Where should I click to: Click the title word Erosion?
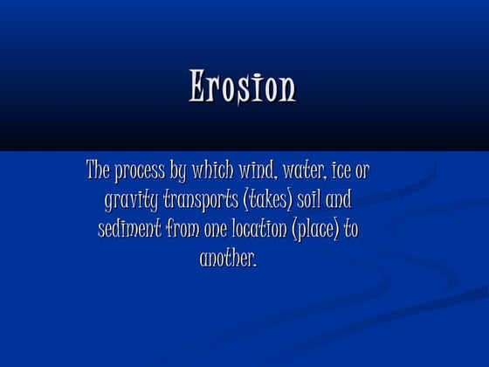pos(243,87)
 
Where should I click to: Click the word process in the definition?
pos(139,170)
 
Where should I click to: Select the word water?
pos(303,170)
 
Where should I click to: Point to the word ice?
pos(344,170)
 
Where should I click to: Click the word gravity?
pos(131,200)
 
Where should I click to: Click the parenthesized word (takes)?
pos(271,200)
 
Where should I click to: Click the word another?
pos(228,260)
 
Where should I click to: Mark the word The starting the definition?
pos(98,170)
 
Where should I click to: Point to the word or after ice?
pos(363,170)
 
